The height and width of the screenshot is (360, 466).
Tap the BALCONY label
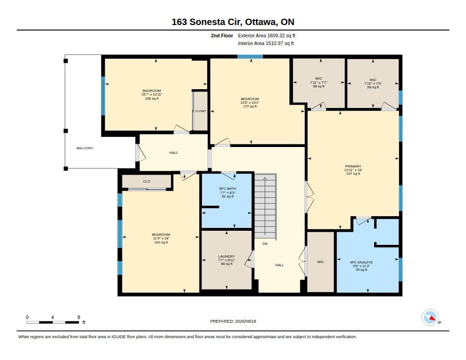[85, 148]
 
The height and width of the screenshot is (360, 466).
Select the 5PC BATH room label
[228, 189]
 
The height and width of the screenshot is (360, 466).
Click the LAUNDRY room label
[227, 256]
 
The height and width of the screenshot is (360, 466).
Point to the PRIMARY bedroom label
[353, 167]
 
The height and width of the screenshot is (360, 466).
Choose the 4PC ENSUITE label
[361, 263]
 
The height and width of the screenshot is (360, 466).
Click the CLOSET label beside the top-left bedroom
[201, 111]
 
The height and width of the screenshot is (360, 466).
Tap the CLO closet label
[147, 181]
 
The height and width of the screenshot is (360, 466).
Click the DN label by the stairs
[265, 244]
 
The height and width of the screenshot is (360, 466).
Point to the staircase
[265, 206]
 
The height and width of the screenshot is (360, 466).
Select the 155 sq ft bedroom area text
[152, 99]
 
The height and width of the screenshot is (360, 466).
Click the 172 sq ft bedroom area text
[250, 106]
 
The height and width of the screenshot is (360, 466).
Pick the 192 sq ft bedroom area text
[161, 243]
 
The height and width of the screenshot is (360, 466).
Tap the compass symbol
[431, 318]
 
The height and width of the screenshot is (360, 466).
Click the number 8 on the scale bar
[79, 317]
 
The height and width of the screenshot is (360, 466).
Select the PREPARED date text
[233, 321]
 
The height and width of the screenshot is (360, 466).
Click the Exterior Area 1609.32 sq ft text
[267, 35]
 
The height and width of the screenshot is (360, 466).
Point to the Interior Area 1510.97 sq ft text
[266, 43]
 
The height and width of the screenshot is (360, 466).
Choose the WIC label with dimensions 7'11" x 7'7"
[319, 79]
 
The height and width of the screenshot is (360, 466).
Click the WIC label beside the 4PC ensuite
[320, 262]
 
